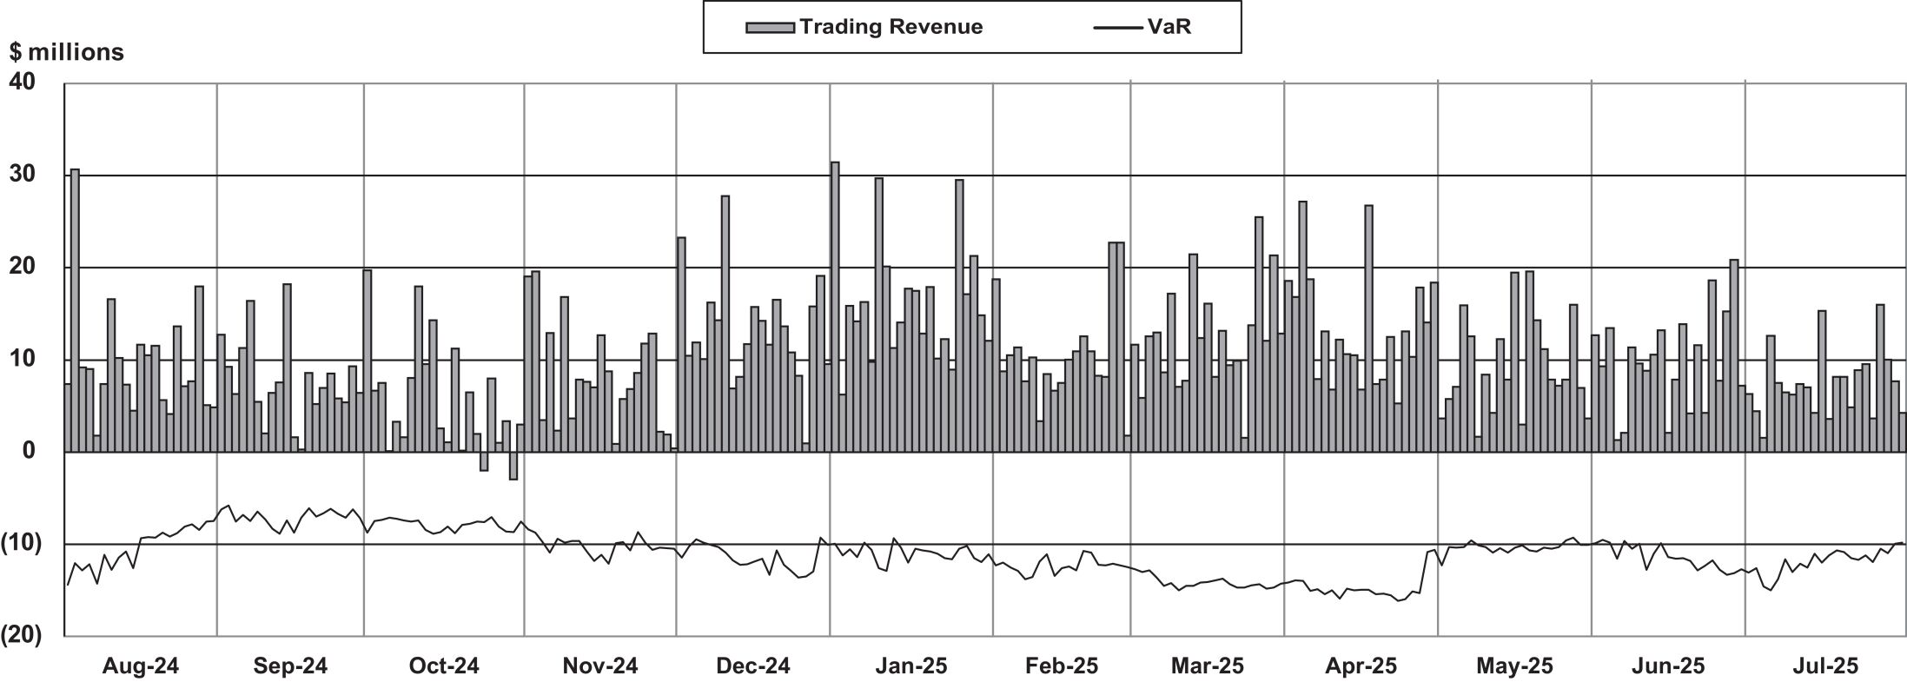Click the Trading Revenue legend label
click(x=891, y=27)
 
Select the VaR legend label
click(x=1169, y=27)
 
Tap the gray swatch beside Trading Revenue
click(x=770, y=28)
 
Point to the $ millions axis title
click(x=67, y=53)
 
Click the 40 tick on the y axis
click(x=23, y=83)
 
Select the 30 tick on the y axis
click(x=23, y=175)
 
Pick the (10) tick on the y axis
click(x=21, y=544)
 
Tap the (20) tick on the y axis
click(x=21, y=636)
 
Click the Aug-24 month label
click(x=141, y=666)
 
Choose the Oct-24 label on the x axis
click(x=444, y=666)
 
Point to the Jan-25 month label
click(x=911, y=666)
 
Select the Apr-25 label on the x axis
click(x=1361, y=666)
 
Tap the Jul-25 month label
click(x=1826, y=666)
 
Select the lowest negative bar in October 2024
click(x=513, y=466)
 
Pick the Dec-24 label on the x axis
click(x=753, y=666)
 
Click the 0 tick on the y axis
click(x=30, y=451)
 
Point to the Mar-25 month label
click(x=1208, y=666)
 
